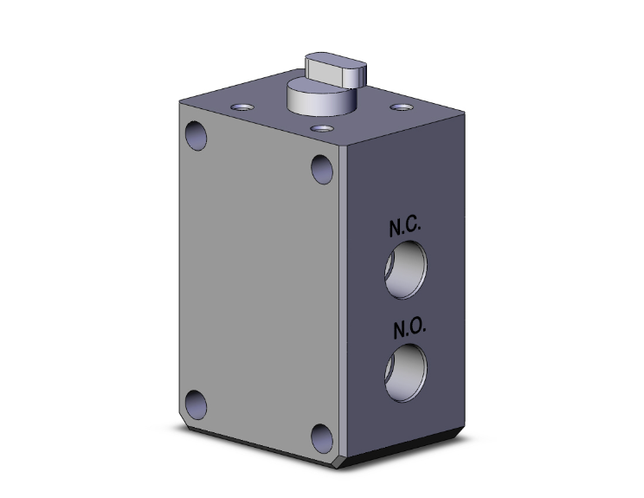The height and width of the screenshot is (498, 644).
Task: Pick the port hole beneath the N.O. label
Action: point(404,372)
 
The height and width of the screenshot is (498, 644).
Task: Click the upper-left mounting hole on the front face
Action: point(197,135)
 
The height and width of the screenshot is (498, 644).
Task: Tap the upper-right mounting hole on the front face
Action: point(322,168)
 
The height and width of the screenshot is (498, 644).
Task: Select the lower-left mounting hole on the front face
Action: point(196,405)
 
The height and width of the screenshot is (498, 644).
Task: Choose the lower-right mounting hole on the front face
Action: point(322,438)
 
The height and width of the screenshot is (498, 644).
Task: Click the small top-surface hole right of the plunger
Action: point(400,107)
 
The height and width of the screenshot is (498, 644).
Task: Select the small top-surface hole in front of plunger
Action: point(322,129)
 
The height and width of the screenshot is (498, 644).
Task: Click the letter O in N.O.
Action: point(414,330)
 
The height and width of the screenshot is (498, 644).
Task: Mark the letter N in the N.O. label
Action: point(399,330)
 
